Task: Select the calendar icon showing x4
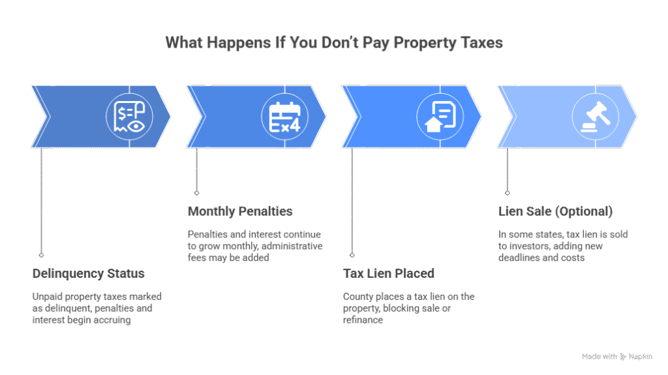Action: pyautogui.click(x=284, y=117)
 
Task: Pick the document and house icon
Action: pyautogui.click(x=440, y=117)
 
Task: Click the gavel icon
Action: pyautogui.click(x=595, y=117)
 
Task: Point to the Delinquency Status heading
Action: pyautogui.click(x=88, y=273)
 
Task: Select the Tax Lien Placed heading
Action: pyautogui.click(x=389, y=273)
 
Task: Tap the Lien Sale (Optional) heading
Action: pyautogui.click(x=556, y=211)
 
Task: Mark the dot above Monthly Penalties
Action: pyautogui.click(x=196, y=193)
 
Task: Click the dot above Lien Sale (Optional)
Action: pyautogui.click(x=507, y=193)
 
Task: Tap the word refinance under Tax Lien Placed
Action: pyautogui.click(x=363, y=320)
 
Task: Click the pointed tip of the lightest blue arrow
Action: pyautogui.click(x=636, y=117)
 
